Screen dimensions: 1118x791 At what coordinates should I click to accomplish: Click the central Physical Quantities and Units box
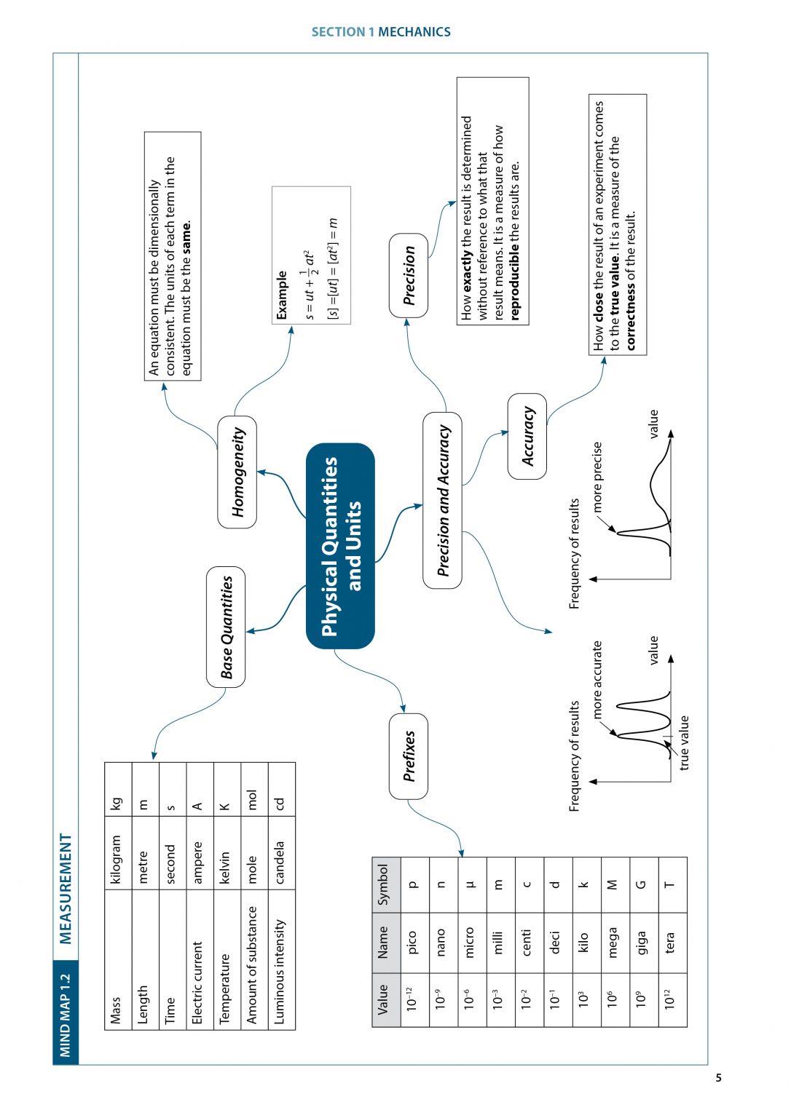340,546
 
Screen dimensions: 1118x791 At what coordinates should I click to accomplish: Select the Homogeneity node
237,472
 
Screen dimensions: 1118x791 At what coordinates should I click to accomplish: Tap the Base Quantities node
226,627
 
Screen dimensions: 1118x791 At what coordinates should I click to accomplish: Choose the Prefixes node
409,756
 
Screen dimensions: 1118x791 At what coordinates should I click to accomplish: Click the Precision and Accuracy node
442,501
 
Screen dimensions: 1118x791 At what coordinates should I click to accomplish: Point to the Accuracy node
527,436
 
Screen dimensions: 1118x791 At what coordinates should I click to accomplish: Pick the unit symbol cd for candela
280,804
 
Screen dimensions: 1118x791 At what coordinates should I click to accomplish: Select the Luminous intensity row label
280,972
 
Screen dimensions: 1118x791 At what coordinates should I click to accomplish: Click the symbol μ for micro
470,885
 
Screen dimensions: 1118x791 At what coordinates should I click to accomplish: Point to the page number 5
718,1078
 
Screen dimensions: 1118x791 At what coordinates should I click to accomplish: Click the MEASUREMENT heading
66,889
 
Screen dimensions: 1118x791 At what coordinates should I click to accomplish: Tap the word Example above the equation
283,296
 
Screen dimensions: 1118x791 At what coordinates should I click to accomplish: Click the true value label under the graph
684,742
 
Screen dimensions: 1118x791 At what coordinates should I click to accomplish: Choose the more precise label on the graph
597,476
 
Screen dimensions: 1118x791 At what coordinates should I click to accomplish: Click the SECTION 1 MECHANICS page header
381,32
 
